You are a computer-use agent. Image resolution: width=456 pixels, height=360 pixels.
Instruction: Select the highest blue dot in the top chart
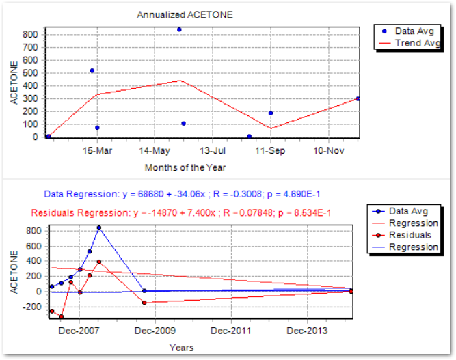[x=179, y=29]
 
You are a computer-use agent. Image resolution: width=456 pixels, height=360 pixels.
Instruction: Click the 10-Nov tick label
[x=327, y=150]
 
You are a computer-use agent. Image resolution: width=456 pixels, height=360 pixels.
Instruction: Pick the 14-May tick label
[x=155, y=150]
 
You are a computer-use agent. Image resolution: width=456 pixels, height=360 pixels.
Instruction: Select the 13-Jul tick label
[x=213, y=150]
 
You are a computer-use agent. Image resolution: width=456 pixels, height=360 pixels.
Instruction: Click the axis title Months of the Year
[x=185, y=167]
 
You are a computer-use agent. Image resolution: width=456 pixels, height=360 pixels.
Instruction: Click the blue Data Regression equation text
[x=183, y=194]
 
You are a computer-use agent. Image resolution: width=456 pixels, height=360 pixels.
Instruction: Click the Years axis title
[x=181, y=348]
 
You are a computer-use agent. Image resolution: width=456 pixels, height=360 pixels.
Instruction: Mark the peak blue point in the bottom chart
[x=99, y=227]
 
